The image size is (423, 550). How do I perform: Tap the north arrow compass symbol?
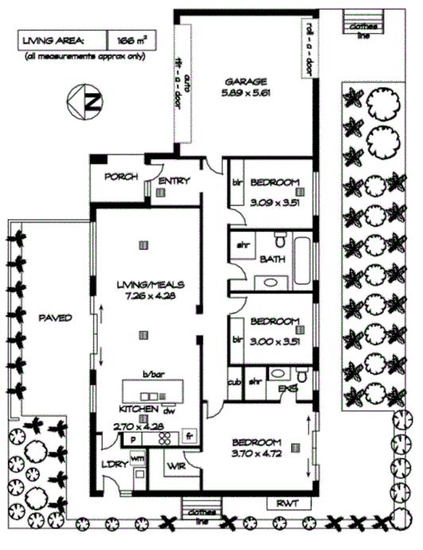coord(84,103)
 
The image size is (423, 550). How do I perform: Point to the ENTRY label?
coord(174,180)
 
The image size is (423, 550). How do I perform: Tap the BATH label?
coord(270,259)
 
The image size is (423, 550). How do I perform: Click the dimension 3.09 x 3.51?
coord(272,202)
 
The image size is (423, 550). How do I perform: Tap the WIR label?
coord(177,467)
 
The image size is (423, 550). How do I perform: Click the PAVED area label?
coord(55,318)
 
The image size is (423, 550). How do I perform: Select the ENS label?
coord(287,389)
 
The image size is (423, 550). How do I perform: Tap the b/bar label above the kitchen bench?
coord(152,374)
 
